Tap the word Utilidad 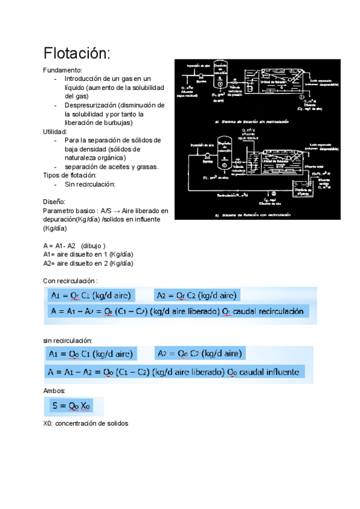coord(56,131)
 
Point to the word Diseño coord(55,202)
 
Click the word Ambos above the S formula coord(55,390)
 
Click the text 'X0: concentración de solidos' coord(86,423)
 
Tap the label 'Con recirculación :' coord(70,280)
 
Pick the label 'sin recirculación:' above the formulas coord(68,340)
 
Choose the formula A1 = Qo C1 coord(91,354)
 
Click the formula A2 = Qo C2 coord(199,354)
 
